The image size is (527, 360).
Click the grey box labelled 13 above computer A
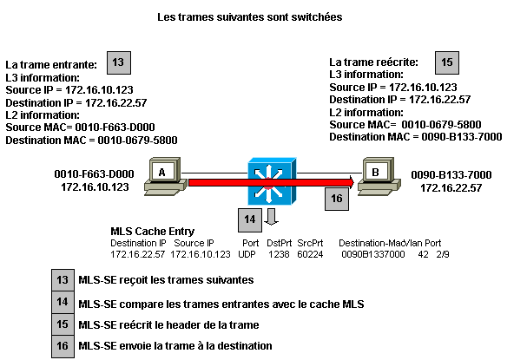click(x=118, y=62)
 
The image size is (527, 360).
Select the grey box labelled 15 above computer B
click(x=446, y=62)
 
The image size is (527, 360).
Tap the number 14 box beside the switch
click(x=249, y=220)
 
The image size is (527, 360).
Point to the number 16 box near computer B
click(x=336, y=199)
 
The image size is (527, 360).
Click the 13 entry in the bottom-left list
click(x=63, y=280)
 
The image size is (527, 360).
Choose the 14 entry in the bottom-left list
click(x=63, y=302)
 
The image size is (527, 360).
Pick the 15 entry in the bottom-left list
click(x=63, y=324)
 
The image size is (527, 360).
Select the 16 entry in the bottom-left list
click(x=63, y=346)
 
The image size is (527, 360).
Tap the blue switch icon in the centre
click(x=272, y=181)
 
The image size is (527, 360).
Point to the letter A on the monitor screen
click(x=161, y=172)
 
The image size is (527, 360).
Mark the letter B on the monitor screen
click(x=375, y=172)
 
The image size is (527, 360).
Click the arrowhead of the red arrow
click(x=350, y=182)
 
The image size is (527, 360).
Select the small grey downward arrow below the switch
click(x=271, y=217)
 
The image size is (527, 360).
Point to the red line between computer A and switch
click(x=217, y=182)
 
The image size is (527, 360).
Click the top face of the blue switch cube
click(x=273, y=161)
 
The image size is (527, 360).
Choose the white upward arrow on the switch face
click(x=271, y=170)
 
